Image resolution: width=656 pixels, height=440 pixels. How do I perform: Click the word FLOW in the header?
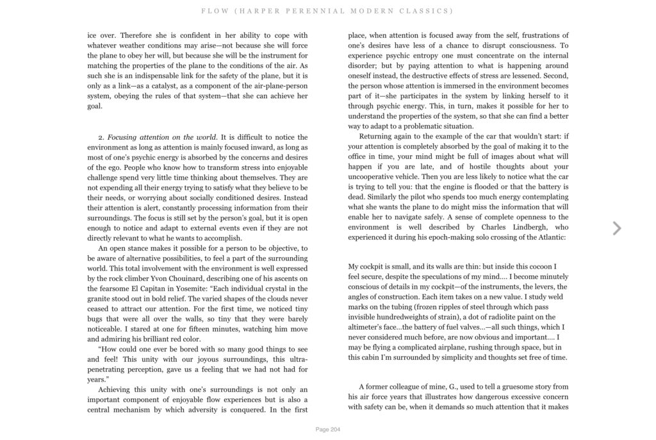point(211,11)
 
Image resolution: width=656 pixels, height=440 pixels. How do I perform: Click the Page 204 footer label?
point(328,429)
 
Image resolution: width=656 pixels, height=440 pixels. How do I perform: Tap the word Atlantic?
point(548,237)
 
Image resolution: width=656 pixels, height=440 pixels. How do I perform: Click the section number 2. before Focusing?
point(101,137)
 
